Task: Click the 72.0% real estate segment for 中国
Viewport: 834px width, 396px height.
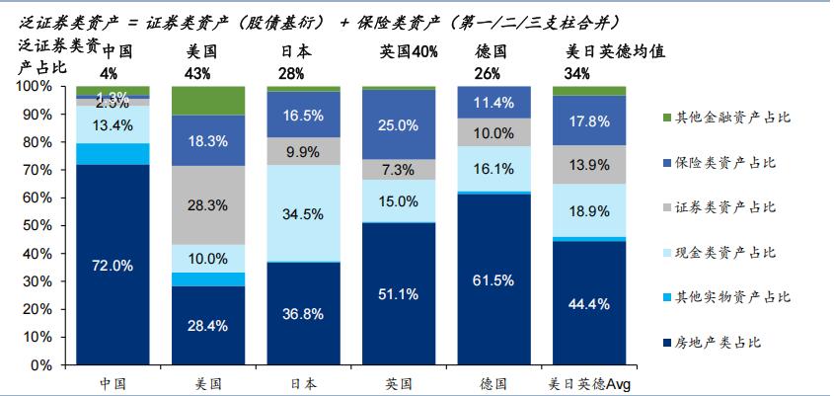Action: coord(113,265)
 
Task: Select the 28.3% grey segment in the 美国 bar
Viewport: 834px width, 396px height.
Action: coord(208,205)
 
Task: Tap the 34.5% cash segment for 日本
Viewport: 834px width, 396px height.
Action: coord(304,212)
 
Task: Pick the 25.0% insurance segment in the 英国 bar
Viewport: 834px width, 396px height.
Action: coord(399,124)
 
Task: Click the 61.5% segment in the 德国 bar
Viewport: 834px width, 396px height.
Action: coord(493,279)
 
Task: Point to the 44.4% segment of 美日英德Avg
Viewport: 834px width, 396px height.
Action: coord(589,303)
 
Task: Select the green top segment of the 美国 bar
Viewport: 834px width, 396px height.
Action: coord(208,100)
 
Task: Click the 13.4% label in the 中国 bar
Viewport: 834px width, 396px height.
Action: coord(113,124)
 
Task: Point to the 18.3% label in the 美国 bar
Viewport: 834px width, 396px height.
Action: coord(208,141)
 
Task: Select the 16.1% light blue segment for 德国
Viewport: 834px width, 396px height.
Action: coord(493,169)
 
